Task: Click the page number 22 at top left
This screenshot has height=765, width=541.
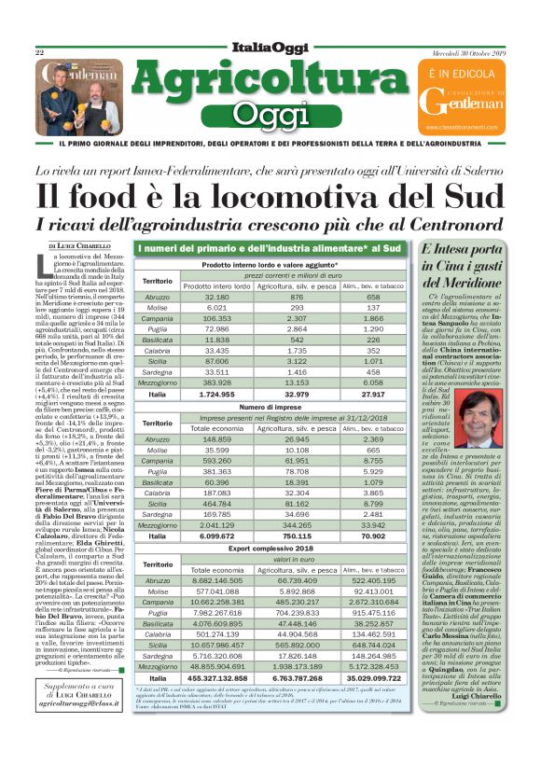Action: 39,52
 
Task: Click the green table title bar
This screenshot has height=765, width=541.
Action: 270,248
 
